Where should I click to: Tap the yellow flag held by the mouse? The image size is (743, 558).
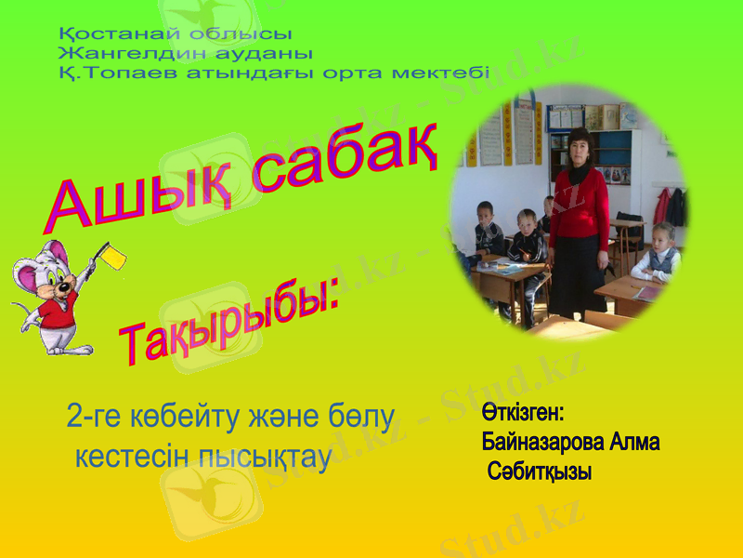click(x=115, y=254)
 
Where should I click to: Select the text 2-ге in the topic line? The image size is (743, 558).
click(x=94, y=418)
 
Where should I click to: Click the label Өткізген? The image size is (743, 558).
click(x=523, y=411)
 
